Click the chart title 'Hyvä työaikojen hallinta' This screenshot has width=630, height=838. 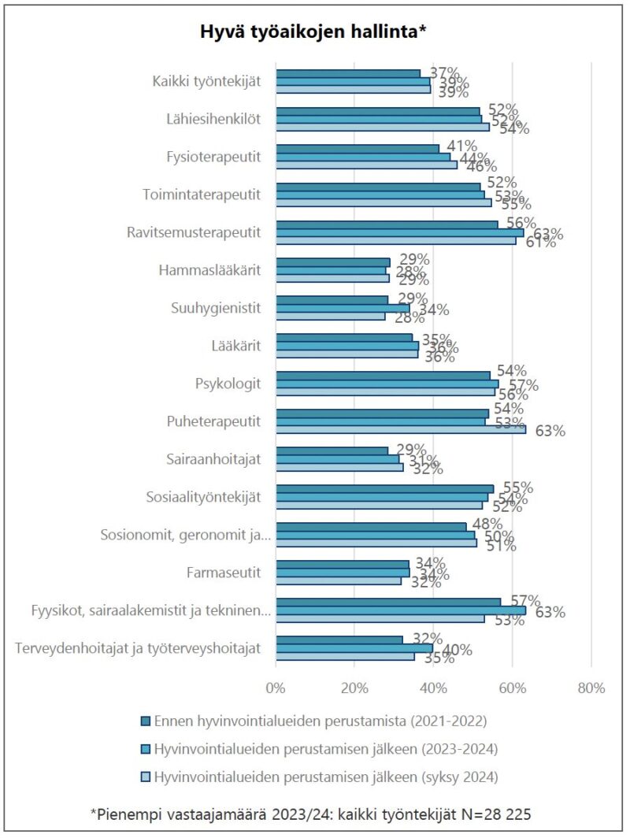click(x=313, y=32)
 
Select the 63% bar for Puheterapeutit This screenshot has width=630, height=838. click(x=401, y=429)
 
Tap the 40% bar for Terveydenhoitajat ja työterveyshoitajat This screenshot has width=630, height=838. click(x=354, y=648)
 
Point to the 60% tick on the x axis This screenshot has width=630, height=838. click(x=512, y=688)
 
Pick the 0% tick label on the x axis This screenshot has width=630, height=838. click(x=276, y=688)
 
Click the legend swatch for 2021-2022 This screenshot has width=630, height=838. click(x=145, y=721)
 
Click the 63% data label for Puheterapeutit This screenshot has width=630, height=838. click(x=550, y=431)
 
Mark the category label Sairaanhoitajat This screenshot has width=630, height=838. click(x=213, y=459)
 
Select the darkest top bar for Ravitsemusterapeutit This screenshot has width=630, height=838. click(x=387, y=224)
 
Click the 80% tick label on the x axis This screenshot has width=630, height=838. click(x=591, y=688)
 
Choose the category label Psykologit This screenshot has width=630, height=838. click(x=228, y=384)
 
